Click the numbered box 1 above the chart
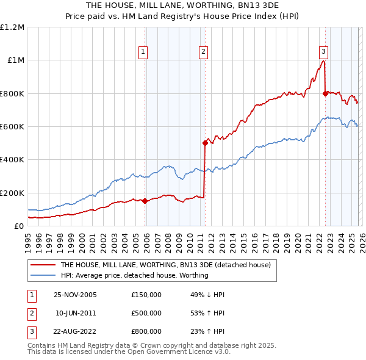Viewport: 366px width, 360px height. click(143, 52)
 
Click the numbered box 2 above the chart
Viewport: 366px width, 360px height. click(203, 52)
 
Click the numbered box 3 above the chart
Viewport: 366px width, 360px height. click(323, 52)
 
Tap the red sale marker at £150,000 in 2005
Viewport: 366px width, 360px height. click(145, 201)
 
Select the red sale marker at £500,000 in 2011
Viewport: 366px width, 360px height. click(205, 143)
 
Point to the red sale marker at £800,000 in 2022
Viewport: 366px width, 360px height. click(325, 93)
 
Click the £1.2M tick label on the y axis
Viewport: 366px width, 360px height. click(12, 27)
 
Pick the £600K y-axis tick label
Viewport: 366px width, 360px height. click(12, 127)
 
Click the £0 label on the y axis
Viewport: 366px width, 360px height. click(18, 226)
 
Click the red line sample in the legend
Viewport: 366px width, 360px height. click(43, 265)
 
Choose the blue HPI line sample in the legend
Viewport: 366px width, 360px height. click(43, 275)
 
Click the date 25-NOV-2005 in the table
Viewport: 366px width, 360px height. click(75, 295)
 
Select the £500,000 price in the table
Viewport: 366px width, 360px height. click(146, 313)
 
